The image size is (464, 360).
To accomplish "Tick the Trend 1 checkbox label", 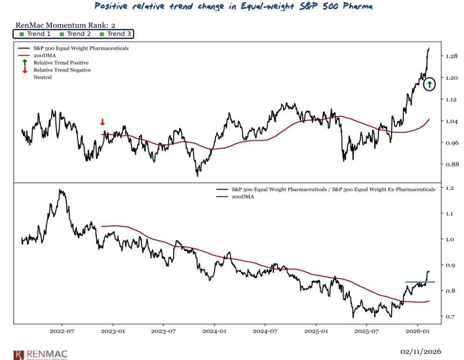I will [35, 34].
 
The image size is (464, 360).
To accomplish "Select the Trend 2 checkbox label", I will [75, 34].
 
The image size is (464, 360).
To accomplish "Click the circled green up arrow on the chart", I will [430, 84].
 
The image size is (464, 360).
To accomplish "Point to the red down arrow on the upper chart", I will [102, 122].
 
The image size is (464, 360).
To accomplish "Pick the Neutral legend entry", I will [43, 77].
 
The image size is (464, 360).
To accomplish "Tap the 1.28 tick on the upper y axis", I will [452, 56].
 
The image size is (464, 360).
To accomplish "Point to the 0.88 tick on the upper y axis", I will [452, 164].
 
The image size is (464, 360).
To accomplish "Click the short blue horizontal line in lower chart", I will [419, 282].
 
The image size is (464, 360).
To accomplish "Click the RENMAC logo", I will [41, 354].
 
